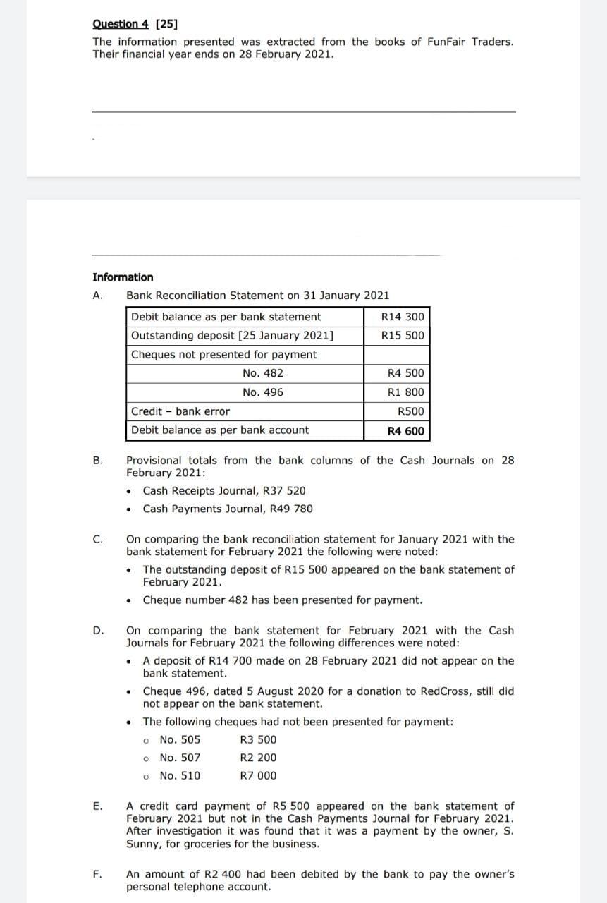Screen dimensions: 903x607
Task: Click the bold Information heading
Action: [123, 277]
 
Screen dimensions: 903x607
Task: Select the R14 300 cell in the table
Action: [403, 317]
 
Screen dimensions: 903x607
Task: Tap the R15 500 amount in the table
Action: [403, 335]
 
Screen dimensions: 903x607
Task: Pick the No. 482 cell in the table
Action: [262, 373]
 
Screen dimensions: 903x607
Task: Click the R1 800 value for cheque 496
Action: [406, 392]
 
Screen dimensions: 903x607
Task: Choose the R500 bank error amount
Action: [411, 411]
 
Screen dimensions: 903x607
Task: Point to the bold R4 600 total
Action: [406, 430]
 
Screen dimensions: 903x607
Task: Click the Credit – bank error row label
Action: [180, 411]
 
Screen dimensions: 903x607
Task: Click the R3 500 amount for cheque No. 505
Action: [258, 739]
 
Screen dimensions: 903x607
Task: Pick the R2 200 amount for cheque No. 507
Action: [258, 758]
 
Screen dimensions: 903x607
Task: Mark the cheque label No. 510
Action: [180, 776]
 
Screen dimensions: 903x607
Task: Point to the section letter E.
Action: [97, 806]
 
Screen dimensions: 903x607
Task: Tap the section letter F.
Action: [97, 874]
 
